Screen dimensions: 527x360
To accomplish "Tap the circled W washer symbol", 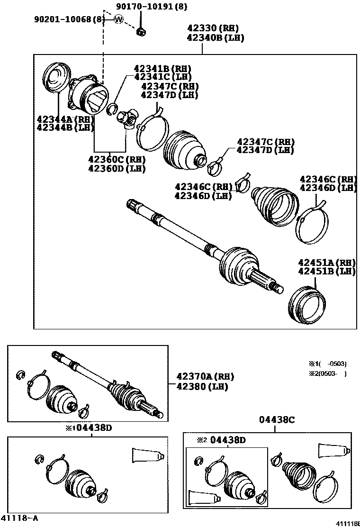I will click(x=118, y=19).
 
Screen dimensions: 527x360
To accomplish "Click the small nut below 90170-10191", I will click(x=140, y=32).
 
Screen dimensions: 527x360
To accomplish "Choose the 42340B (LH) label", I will click(x=215, y=38).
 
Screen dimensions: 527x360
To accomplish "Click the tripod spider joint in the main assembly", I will click(x=127, y=118).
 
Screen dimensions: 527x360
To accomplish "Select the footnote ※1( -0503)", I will click(x=328, y=364).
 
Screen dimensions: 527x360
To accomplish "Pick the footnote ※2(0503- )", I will click(x=328, y=373).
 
